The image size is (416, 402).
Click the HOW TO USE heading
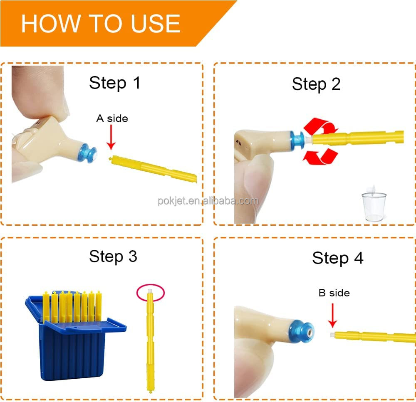click(101, 24)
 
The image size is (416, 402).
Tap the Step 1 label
click(115, 83)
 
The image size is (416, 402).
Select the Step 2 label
click(316, 84)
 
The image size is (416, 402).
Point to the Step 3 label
click(113, 256)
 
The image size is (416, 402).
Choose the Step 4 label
click(337, 258)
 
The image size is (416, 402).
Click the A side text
click(112, 118)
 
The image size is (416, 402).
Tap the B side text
click(334, 293)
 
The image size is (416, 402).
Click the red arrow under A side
click(111, 137)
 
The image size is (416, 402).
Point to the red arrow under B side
click(332, 315)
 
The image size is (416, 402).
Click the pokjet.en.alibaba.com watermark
click(208, 201)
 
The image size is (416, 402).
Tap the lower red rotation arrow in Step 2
click(320, 156)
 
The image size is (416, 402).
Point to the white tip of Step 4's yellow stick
click(332, 335)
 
